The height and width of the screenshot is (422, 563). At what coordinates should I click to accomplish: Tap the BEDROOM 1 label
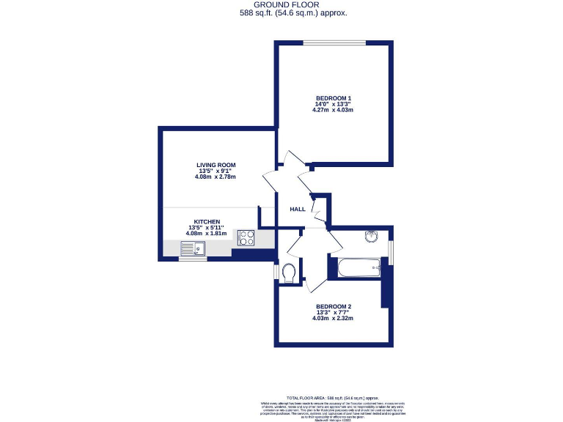[x=334, y=98]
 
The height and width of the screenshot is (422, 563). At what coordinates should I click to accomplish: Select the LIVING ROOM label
[x=216, y=165]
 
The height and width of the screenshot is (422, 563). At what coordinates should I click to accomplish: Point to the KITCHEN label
[x=207, y=221]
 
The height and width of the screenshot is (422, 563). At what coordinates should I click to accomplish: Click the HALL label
[x=298, y=210]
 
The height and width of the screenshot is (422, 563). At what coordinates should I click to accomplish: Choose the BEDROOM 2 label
[x=334, y=306]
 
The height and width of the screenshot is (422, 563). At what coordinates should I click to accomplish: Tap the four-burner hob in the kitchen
[x=246, y=237]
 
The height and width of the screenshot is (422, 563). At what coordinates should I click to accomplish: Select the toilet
[x=290, y=273]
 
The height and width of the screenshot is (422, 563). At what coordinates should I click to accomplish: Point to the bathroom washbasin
[x=371, y=236]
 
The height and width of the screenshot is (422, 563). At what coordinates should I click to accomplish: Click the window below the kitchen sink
[x=193, y=259]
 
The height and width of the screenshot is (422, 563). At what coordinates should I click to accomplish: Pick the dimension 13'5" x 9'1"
[x=216, y=171]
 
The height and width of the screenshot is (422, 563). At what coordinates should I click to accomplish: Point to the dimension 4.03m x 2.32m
[x=334, y=319]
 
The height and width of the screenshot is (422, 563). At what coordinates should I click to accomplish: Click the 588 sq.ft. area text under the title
[x=293, y=13]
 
